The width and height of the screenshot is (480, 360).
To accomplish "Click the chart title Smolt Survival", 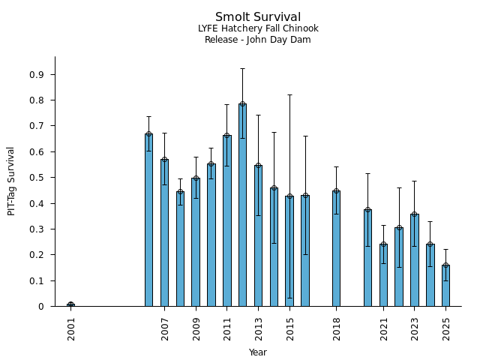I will click(258, 17).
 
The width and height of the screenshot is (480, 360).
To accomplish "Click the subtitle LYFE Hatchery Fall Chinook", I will click(258, 28).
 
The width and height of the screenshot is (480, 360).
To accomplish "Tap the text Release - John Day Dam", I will click(258, 40).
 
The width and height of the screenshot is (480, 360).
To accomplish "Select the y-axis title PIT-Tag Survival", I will click(11, 181).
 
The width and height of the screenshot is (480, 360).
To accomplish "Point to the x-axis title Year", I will click(258, 352).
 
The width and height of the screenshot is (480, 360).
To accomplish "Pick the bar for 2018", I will click(336, 248).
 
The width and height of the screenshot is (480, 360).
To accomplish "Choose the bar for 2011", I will click(226, 221).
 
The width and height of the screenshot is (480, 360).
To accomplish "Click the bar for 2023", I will click(414, 260).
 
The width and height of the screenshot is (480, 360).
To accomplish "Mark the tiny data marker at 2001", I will click(70, 304).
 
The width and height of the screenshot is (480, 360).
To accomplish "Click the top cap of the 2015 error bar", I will click(289, 95).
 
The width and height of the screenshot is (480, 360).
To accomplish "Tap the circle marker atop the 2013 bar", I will click(258, 166).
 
